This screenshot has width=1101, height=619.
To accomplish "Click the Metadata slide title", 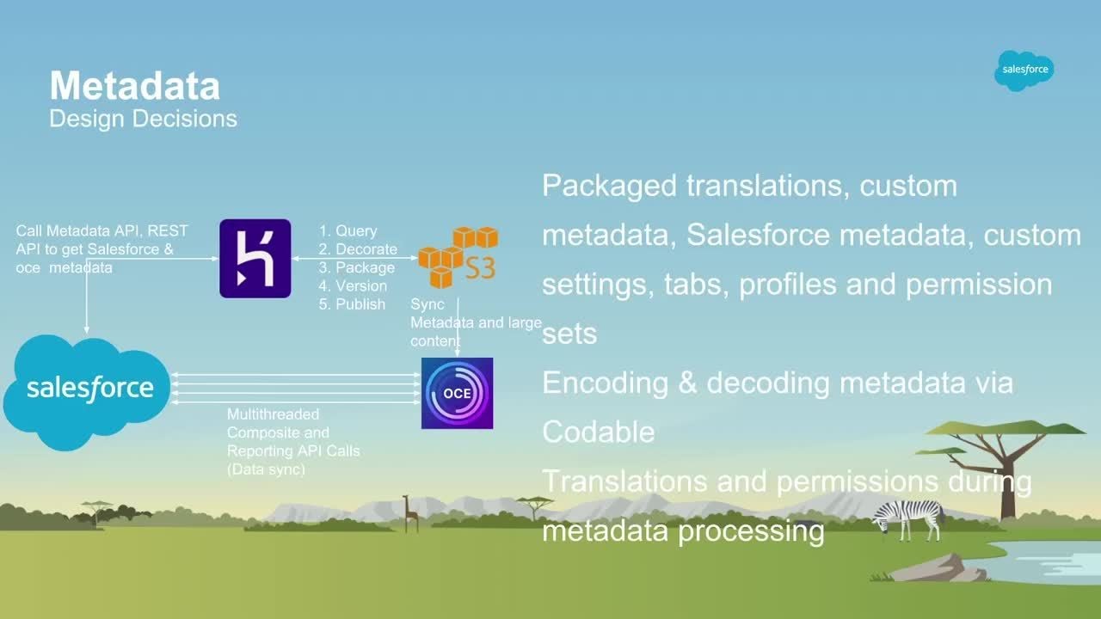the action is click(x=135, y=86).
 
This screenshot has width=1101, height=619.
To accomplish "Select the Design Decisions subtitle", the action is click(x=143, y=119).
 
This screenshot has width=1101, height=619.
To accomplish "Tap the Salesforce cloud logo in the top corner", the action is click(x=1024, y=70).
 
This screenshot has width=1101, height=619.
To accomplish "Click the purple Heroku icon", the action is click(x=255, y=258).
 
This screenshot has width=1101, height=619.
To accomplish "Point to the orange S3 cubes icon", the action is click(x=458, y=256).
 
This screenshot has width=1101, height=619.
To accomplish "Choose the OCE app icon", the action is click(x=457, y=393).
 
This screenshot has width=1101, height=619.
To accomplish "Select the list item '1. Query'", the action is click(x=348, y=230).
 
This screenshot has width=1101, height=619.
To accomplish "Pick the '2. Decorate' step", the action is click(x=358, y=249).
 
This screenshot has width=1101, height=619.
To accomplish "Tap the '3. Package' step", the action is click(x=356, y=267).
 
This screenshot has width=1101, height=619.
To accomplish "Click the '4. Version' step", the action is click(x=353, y=285).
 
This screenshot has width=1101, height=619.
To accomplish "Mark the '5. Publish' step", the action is click(x=352, y=304).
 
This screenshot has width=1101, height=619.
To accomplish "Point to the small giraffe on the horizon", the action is click(x=410, y=512).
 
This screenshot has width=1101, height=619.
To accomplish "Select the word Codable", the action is click(x=598, y=432).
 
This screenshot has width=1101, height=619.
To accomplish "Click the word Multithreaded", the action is click(x=273, y=414).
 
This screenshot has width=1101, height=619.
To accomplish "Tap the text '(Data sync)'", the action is click(x=266, y=469).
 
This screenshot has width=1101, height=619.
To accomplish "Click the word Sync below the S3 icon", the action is click(x=427, y=304).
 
